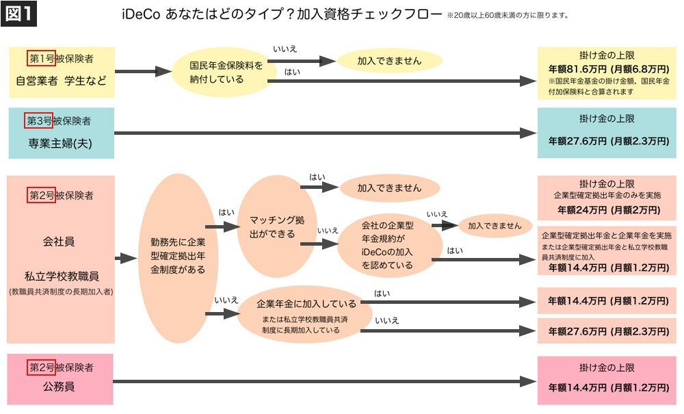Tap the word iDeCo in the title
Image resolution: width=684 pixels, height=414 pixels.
pyautogui.click(x=140, y=14)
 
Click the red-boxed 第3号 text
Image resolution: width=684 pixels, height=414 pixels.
pyautogui.click(x=39, y=121)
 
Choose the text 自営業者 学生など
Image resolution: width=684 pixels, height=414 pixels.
pyautogui.click(x=62, y=80)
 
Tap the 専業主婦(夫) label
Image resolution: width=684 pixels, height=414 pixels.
pyautogui.click(x=60, y=143)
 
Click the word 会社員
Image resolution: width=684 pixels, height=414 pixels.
pyautogui.click(x=59, y=241)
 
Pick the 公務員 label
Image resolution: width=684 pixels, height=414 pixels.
pyautogui.click(x=60, y=386)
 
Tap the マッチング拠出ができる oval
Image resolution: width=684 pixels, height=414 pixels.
pyautogui.click(x=276, y=227)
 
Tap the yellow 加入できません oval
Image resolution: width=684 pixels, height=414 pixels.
pyautogui.click(x=389, y=61)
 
